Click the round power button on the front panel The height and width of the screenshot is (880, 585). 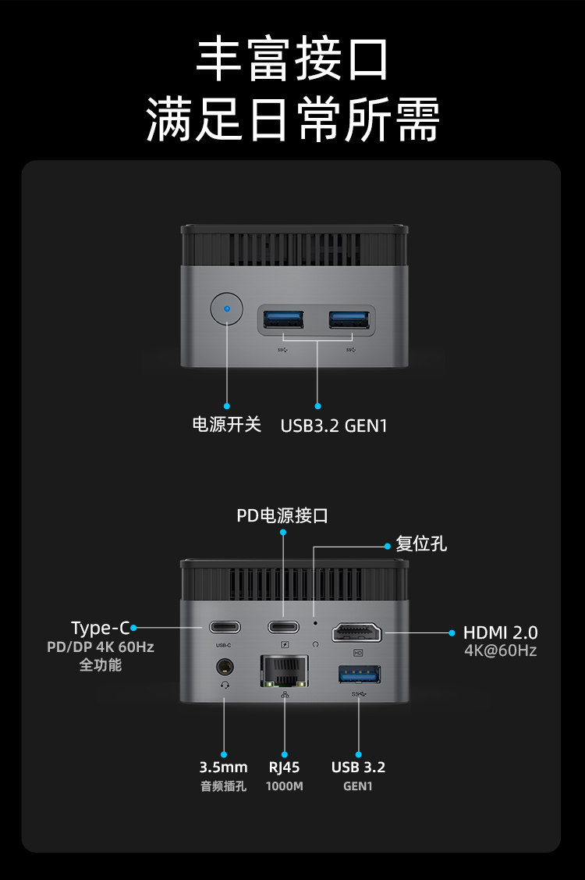click(227, 309)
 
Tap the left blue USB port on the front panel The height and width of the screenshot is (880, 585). click(282, 319)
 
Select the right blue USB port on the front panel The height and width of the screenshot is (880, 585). click(349, 319)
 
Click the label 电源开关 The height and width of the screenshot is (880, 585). click(227, 426)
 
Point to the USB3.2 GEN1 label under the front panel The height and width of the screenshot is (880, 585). click(334, 426)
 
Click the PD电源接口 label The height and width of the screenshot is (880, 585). click(282, 515)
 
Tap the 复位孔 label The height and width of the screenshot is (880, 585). click(421, 543)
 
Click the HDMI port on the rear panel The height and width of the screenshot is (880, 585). click(359, 632)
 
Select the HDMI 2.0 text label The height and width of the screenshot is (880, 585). click(500, 632)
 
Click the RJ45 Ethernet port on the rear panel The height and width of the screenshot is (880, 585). click(284, 671)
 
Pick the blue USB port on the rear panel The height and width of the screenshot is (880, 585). click(359, 675)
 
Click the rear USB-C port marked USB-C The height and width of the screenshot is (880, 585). click(224, 627)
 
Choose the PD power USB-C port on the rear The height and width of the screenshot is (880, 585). click(284, 627)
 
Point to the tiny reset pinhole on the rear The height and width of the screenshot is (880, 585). click(314, 624)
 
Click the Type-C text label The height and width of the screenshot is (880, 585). click(100, 628)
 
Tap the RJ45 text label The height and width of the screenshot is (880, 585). click(284, 767)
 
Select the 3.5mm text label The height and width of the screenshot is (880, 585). click(223, 767)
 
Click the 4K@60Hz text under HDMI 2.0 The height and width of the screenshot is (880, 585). click(500, 650)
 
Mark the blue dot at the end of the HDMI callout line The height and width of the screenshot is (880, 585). click(452, 632)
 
